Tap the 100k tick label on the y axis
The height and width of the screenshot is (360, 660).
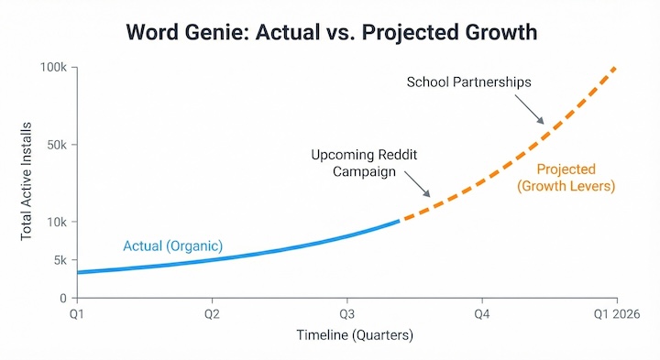pos(53,68)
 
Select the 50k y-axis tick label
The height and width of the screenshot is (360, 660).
pos(56,145)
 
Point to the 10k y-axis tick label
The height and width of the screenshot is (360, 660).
pos(57,222)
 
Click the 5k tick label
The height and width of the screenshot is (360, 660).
pos(60,260)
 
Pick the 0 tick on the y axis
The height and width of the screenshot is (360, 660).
pos(64,299)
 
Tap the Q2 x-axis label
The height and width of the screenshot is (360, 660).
pos(211,314)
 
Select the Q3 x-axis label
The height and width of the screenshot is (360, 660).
pos(346,314)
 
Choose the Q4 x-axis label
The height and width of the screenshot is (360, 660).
pos(481,314)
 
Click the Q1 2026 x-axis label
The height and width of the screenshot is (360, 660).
pos(615,314)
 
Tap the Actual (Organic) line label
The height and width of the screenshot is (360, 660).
pos(173,245)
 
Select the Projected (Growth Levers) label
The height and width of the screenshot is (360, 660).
pos(566,178)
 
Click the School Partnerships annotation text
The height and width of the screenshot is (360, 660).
pos(468,82)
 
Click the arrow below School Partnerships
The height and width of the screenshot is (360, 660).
pos(533,113)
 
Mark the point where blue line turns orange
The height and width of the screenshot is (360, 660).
pos(400,221)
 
